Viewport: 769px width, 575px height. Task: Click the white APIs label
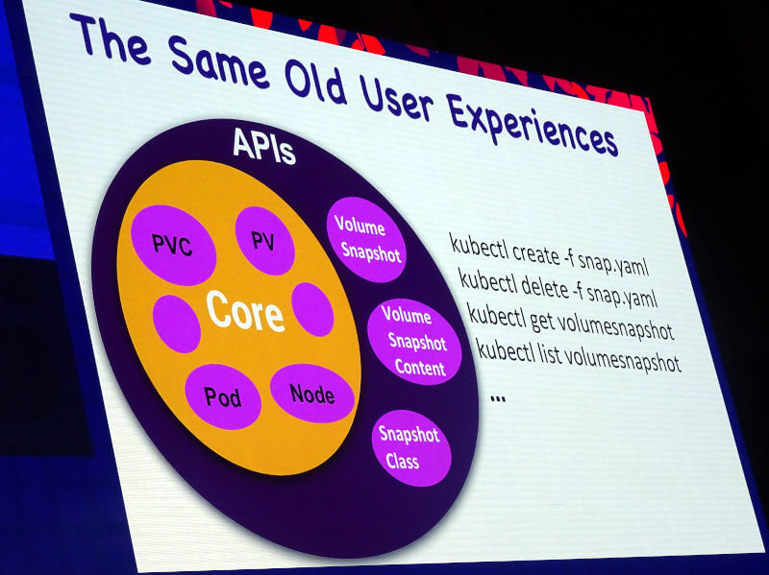(263, 146)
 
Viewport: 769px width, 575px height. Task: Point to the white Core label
(245, 311)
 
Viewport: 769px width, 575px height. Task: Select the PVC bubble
(173, 245)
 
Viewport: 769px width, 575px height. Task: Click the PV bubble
(265, 241)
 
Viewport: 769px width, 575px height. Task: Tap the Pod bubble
(223, 396)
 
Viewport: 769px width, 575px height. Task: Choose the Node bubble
(311, 394)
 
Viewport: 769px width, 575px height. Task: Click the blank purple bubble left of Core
(177, 323)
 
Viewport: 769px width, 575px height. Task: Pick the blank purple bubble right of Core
(313, 309)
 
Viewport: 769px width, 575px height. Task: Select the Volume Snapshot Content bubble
(414, 342)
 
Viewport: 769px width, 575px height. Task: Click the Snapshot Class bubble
(411, 447)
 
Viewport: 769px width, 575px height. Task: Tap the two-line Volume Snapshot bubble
(366, 239)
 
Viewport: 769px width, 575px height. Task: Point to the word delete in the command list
(544, 286)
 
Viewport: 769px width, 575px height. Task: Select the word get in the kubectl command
(542, 322)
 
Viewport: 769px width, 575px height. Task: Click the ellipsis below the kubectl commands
(498, 399)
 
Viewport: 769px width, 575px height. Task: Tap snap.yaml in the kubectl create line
(613, 264)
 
